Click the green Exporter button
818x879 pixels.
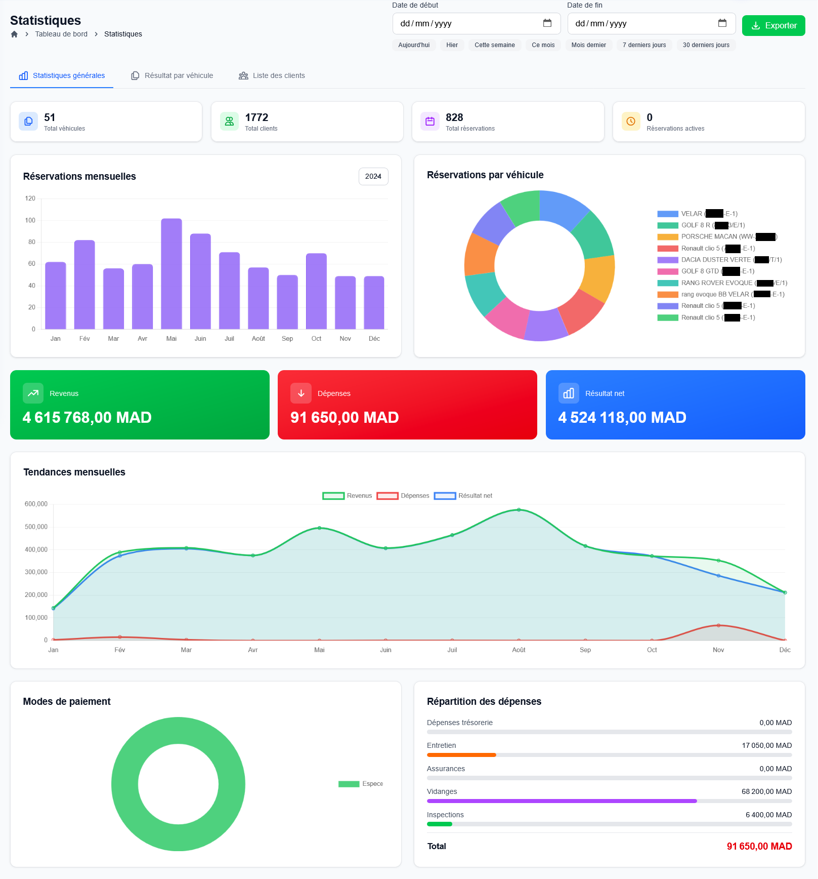[x=773, y=25]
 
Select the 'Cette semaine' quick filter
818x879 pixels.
[x=494, y=45]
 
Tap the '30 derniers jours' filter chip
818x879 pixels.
[x=706, y=45]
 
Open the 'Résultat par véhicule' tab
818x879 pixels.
[x=172, y=75]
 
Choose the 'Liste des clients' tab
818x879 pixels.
[x=272, y=75]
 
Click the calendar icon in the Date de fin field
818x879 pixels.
[x=722, y=23]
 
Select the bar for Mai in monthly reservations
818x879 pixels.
[x=171, y=273]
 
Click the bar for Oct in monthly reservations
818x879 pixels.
[x=316, y=291]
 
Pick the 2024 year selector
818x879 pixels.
[x=373, y=176]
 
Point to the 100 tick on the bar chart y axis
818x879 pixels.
[x=30, y=220]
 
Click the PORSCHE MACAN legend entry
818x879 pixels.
[x=716, y=236]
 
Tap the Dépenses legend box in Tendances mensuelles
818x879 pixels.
[x=388, y=496]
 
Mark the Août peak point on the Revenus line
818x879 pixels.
[x=519, y=510]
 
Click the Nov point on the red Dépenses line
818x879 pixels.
[x=718, y=625]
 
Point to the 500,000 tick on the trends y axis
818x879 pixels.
[x=36, y=527]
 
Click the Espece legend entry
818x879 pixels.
[x=361, y=784]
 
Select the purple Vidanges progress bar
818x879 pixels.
[x=562, y=801]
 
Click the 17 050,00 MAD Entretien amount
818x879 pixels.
[x=766, y=745]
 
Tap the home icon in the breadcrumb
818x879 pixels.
[x=14, y=34]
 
